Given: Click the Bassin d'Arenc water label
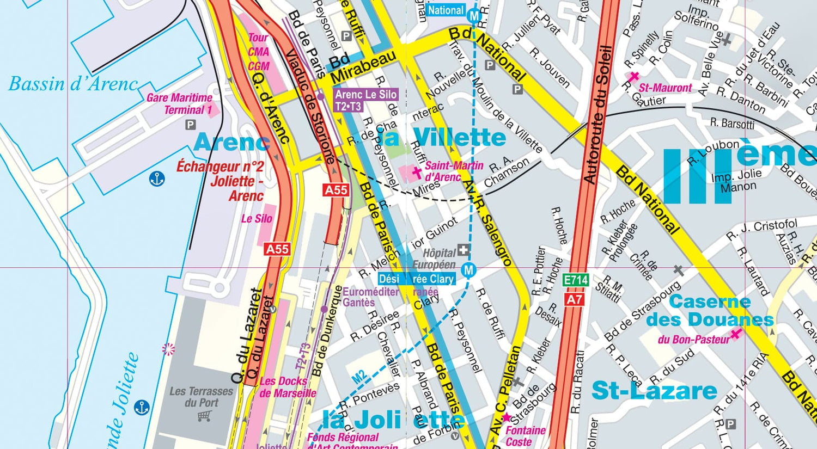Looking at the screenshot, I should [73, 84].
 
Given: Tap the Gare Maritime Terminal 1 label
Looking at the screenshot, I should [180, 104].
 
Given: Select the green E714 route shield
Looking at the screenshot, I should [576, 280].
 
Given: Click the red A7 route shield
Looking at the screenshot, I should [575, 299].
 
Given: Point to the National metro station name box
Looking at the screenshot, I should [446, 10].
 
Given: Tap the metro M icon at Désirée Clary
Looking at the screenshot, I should [468, 270].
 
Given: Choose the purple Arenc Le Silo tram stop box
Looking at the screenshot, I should [365, 100].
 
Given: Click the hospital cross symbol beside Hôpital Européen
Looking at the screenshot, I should [463, 251].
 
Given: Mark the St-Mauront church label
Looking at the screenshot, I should [665, 88].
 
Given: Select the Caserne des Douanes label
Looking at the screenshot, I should [710, 310].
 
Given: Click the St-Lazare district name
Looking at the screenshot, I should [654, 391].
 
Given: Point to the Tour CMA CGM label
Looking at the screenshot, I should [259, 52].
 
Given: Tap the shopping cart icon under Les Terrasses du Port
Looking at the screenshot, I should [204, 416].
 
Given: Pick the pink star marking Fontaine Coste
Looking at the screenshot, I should [506, 417].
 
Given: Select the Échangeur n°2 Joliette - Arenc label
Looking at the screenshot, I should [220, 181].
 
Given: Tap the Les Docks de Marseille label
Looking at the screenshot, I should [287, 387].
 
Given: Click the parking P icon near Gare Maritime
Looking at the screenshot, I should [190, 125].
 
